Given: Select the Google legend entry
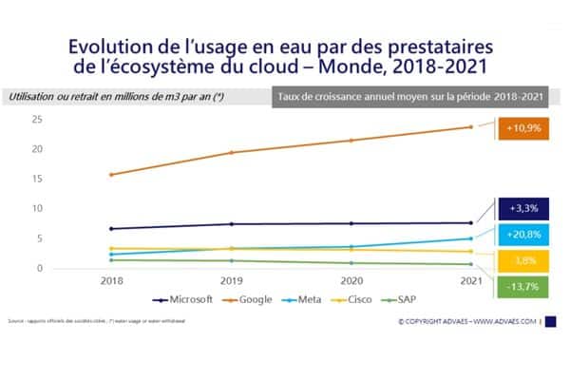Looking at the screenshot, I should point(251,299).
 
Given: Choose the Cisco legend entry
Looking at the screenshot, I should point(356,299).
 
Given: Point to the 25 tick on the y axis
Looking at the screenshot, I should point(65,119).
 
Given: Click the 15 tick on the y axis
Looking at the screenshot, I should point(65,179).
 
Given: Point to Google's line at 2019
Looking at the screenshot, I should point(232,152).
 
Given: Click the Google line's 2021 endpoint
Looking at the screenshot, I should point(471,126).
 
